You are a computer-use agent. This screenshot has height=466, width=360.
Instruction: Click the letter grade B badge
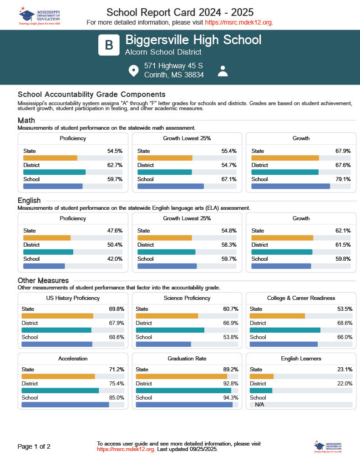(x=109, y=45)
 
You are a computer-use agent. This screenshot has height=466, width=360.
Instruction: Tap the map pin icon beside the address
(x=133, y=71)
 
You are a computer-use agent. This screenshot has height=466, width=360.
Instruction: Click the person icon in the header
(x=223, y=71)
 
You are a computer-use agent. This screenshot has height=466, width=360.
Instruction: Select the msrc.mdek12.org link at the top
(x=239, y=22)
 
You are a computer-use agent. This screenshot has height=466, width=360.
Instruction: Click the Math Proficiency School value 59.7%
(x=115, y=179)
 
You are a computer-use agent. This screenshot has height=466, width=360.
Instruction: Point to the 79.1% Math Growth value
(x=343, y=179)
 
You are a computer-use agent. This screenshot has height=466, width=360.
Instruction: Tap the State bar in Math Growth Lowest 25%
(x=165, y=158)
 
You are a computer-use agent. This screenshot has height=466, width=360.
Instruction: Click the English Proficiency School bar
(x=44, y=266)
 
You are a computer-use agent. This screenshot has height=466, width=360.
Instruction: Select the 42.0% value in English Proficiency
(x=115, y=259)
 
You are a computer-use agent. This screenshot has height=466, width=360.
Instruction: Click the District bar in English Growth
(x=282, y=252)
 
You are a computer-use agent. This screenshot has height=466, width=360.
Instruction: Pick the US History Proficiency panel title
(x=73, y=298)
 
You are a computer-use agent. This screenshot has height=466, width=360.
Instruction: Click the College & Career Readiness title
(x=301, y=298)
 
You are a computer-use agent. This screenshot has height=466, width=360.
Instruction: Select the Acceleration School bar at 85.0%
(x=65, y=405)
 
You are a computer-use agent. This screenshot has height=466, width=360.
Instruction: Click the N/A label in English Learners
(x=260, y=405)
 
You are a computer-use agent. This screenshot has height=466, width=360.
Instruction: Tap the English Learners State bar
(x=262, y=376)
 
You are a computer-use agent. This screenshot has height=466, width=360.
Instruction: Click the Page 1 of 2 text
(x=34, y=446)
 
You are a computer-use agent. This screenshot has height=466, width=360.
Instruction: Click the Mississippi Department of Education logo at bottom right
(x=327, y=447)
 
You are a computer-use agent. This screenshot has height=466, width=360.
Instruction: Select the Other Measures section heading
(x=43, y=280)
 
